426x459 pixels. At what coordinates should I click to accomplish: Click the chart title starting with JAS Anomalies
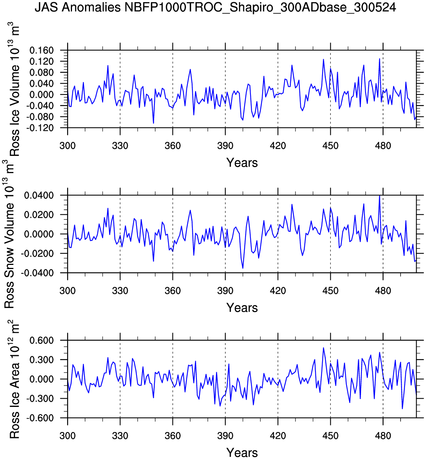215,7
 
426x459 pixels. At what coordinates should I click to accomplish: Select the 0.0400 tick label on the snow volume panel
39,195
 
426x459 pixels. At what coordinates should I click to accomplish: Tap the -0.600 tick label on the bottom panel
40,418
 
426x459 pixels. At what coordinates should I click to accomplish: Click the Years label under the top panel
242,163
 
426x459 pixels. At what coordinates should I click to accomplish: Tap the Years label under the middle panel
242,308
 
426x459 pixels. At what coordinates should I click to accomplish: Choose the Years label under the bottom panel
242,453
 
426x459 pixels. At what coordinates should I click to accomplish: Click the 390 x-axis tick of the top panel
225,146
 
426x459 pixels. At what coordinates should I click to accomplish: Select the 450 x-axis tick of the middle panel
330,291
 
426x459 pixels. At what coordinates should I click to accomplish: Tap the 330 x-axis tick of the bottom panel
120,436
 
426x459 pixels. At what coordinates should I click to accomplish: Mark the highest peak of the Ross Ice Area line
323,348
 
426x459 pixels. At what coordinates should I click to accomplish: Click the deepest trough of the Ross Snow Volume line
243,268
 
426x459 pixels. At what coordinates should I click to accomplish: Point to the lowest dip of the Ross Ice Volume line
153,123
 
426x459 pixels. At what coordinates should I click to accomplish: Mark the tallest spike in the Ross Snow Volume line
379,196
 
